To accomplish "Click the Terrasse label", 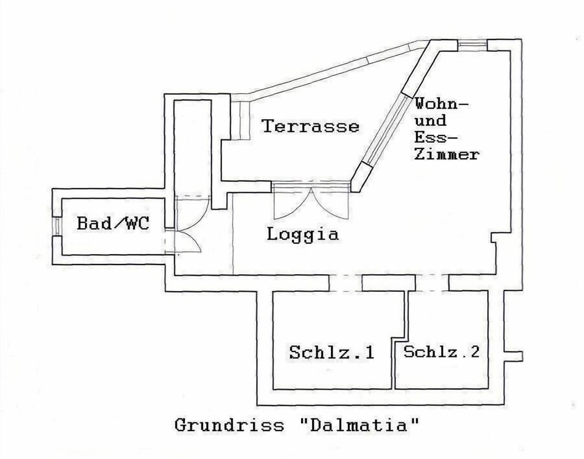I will click(x=310, y=126).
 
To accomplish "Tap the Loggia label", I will click(x=302, y=234).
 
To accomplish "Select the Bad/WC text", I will click(x=113, y=223).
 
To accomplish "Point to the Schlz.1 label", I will click(x=332, y=353).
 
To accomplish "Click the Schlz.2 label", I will click(x=442, y=351).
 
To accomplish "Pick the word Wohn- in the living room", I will click(x=442, y=103).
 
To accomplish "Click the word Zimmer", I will click(x=446, y=154).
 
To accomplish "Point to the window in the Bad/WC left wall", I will click(x=56, y=226).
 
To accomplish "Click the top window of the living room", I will click(x=473, y=45).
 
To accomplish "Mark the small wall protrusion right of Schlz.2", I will click(x=514, y=356).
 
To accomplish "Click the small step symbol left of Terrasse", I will click(x=240, y=119).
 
